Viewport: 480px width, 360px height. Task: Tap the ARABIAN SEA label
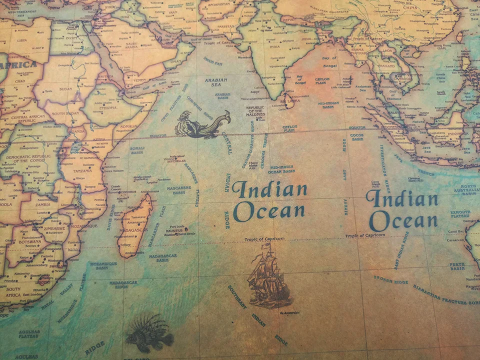pos(215,82)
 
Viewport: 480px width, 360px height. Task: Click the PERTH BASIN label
pos(457,266)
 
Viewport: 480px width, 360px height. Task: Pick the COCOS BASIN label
pos(357,137)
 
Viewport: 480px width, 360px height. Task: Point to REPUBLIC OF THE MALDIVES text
pos(255,111)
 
